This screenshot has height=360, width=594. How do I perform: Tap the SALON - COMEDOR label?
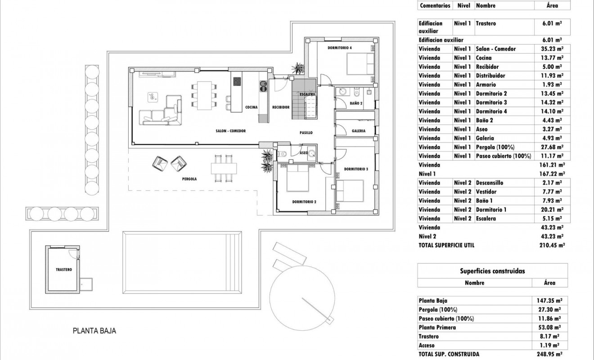[x=230, y=131]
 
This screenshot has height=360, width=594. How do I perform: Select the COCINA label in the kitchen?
[x=251, y=107]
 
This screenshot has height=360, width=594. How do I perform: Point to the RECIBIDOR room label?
[x=280, y=107]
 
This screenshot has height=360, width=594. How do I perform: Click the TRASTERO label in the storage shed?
[x=64, y=270]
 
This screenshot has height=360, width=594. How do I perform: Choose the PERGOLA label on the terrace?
[x=189, y=179]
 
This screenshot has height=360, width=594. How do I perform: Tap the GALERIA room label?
[x=358, y=131]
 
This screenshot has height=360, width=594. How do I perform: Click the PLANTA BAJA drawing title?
[x=94, y=331]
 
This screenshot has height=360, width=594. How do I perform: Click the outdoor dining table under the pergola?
[x=224, y=168]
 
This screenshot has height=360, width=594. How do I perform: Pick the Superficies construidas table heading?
[x=492, y=271]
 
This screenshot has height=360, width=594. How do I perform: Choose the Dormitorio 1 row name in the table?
[x=491, y=210]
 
